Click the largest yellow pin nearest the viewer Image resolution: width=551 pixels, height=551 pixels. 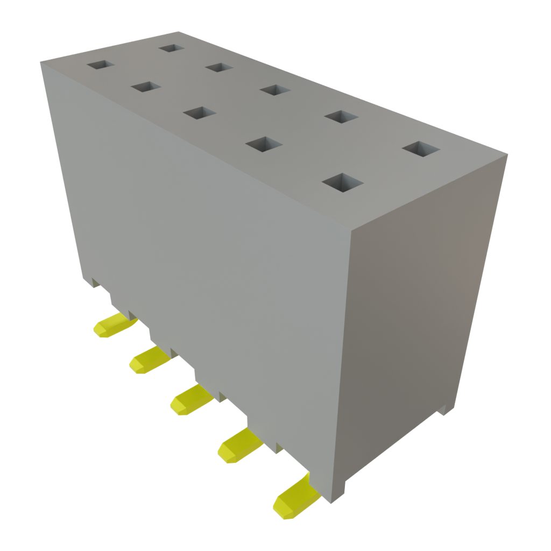[293, 499]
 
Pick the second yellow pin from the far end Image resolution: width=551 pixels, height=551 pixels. [148, 358]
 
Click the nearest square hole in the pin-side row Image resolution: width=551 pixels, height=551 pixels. [341, 182]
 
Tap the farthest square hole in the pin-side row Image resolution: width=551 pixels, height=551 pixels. [101, 65]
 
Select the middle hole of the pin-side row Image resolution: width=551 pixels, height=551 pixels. [199, 113]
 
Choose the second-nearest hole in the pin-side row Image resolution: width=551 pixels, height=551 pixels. [264, 144]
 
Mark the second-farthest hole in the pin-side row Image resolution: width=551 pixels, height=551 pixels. [146, 87]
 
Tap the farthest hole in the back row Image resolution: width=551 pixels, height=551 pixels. [172, 48]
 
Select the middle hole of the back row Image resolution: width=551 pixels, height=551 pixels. [275, 89]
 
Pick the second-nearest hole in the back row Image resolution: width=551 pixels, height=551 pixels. [342, 116]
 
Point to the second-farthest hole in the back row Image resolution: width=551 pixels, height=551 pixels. [218, 67]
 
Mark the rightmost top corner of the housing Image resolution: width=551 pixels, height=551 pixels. [507, 156]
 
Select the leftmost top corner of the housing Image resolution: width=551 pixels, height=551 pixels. [41, 62]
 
